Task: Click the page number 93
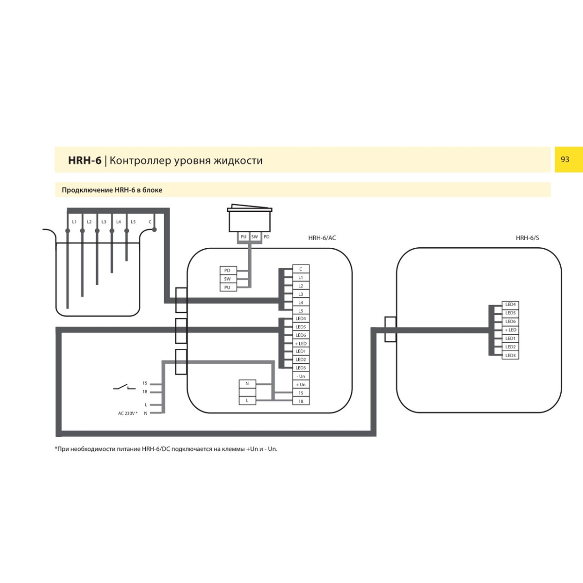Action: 565,159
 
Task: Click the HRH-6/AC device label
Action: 322,238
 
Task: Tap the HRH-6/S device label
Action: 527,238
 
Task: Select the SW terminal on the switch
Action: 255,237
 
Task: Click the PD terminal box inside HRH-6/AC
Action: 227,271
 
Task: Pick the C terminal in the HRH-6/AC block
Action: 301,269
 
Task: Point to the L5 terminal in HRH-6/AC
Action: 301,311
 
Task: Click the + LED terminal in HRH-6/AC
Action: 301,343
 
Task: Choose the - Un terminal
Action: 301,377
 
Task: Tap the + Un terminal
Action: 301,385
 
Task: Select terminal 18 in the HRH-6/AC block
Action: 301,401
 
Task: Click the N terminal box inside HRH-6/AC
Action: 247,384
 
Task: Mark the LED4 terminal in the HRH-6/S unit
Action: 510,305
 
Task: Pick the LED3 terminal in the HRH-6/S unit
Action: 510,356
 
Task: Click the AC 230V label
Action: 127,413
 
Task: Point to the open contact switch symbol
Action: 124,387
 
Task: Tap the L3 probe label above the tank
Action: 103,222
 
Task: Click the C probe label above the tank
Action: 150,222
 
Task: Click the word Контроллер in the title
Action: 140,161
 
